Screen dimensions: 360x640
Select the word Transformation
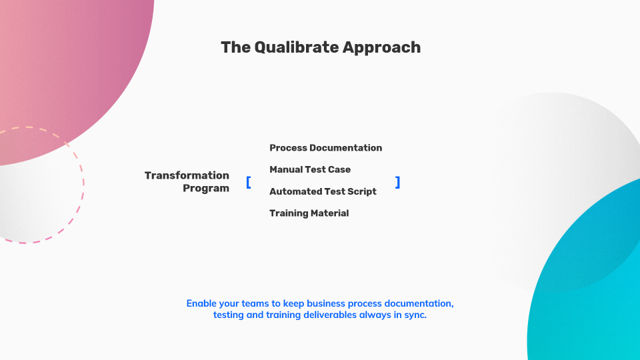pos(187,175)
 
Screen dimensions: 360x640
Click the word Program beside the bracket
pos(206,188)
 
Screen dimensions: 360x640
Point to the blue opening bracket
pos(249,182)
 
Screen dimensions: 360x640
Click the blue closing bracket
pos(397,182)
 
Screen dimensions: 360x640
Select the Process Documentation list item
pos(325,148)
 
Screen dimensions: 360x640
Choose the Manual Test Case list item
pos(310,169)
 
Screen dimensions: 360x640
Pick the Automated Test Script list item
pos(323,191)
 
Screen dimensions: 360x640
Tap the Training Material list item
pos(309,213)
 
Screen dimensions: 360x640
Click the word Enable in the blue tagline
pos(202,303)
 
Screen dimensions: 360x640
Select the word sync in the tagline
pos(415,315)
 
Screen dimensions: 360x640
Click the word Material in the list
pos(329,213)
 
